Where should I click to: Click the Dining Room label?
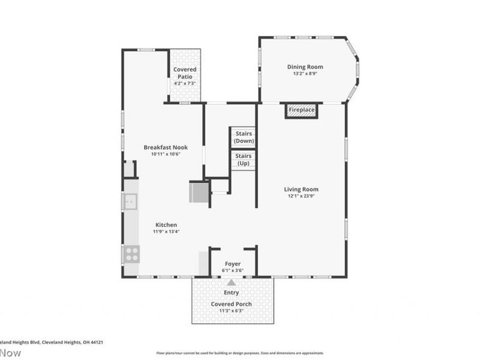click(x=305, y=67)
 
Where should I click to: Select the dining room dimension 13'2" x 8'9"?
click(x=305, y=74)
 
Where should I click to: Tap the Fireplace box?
click(x=301, y=110)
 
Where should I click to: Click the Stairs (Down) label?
click(x=244, y=137)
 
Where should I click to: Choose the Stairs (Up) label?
click(x=244, y=160)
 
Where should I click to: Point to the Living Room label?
click(x=301, y=190)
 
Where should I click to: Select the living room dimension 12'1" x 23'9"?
click(x=301, y=197)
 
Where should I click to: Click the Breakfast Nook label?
click(x=162, y=147)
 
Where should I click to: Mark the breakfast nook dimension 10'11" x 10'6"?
click(x=162, y=154)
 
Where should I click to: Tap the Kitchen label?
click(x=166, y=224)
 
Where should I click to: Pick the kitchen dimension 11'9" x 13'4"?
click(x=166, y=232)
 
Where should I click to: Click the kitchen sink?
click(x=130, y=201)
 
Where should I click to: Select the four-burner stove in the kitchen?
click(x=131, y=254)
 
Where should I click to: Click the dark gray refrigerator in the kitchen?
click(x=199, y=192)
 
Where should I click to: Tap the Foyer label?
click(x=233, y=263)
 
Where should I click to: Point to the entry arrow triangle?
click(x=231, y=282)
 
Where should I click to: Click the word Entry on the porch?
click(x=231, y=293)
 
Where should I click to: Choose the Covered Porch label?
click(x=231, y=304)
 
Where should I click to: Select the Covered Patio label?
click(x=185, y=70)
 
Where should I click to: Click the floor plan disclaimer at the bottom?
click(x=240, y=353)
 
